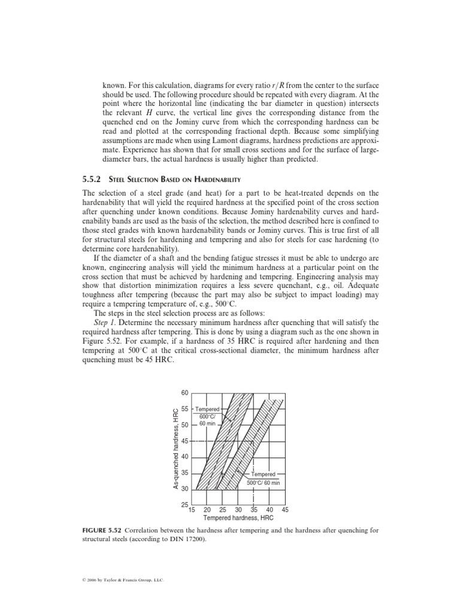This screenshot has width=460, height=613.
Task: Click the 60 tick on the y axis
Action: [x=184, y=393]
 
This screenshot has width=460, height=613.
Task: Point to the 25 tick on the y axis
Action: [x=184, y=505]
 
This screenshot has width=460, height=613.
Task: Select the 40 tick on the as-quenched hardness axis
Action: [x=184, y=457]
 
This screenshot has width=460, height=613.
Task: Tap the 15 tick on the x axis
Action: [x=192, y=510]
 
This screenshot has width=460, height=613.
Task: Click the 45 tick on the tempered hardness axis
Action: [x=285, y=510]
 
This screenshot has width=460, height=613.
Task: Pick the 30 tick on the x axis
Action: [x=238, y=510]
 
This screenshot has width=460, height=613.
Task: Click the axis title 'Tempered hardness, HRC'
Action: [x=238, y=518]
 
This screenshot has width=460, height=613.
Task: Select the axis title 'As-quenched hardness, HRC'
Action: [x=176, y=448]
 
